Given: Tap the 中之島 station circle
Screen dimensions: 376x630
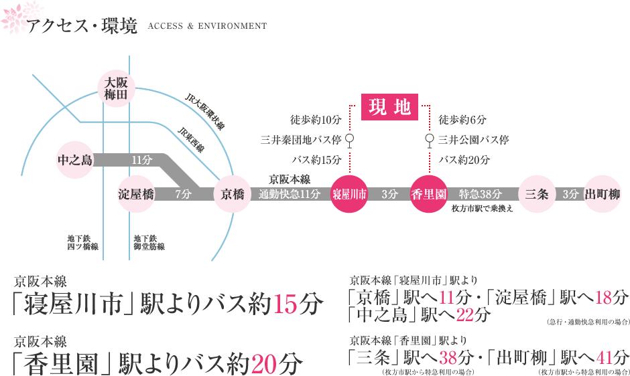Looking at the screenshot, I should pyautogui.click(x=75, y=160).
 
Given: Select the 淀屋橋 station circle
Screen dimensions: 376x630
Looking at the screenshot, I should pyautogui.click(x=136, y=194).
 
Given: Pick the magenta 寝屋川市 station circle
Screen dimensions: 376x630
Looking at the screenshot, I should pyautogui.click(x=350, y=194).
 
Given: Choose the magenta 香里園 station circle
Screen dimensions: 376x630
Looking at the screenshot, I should pyautogui.click(x=428, y=194).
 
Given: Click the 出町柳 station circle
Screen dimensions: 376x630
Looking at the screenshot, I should pyautogui.click(x=602, y=194).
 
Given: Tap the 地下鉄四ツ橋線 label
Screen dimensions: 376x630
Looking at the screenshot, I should pyautogui.click(x=82, y=242).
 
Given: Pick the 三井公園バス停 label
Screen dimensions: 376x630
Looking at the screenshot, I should pyautogui.click(x=473, y=140).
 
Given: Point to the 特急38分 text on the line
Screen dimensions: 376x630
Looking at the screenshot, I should pyautogui.click(x=480, y=194).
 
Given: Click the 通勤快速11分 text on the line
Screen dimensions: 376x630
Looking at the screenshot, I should pyautogui.click(x=290, y=194).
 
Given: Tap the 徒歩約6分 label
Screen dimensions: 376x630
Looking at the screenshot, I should pyautogui.click(x=462, y=120).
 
